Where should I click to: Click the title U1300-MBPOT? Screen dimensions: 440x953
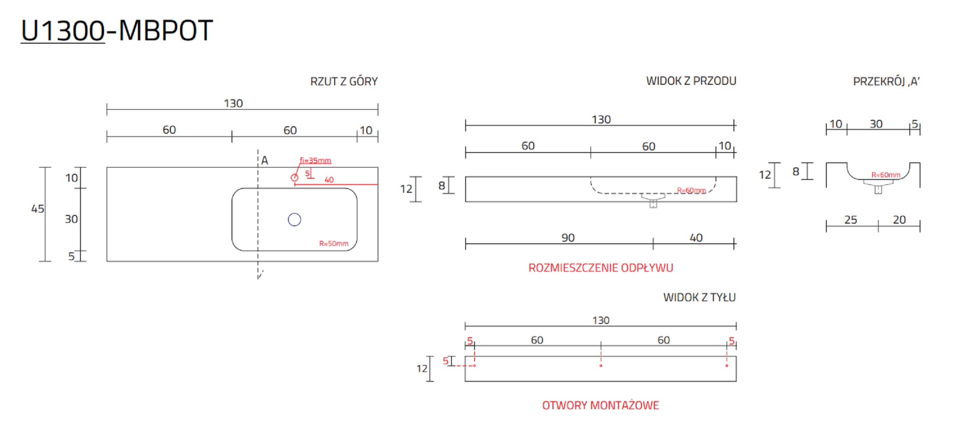point(116,31)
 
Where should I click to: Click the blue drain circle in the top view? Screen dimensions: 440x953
point(294,219)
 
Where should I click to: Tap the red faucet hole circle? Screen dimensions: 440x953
point(294,177)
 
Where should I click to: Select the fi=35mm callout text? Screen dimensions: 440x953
point(315,161)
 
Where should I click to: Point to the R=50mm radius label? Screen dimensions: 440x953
point(334,243)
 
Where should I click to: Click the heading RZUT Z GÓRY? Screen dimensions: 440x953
point(344,81)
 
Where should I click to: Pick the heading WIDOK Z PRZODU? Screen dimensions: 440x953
point(691,81)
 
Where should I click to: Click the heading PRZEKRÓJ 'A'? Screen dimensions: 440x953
point(886,81)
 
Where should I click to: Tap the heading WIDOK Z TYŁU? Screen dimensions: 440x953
point(699,297)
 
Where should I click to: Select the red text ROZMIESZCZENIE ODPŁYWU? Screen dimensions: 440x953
point(600,268)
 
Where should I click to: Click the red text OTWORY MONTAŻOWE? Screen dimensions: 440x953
point(600,405)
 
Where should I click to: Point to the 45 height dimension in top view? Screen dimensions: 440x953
point(38,209)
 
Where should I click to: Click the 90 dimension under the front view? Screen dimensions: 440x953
point(568,238)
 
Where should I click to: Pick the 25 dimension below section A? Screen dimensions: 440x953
point(850,220)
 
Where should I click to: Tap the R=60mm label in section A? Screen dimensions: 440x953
point(886,175)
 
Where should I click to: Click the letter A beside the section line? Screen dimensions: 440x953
point(264,161)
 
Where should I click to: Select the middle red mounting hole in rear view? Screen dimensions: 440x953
point(601,365)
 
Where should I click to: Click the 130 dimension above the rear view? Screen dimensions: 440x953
point(601,320)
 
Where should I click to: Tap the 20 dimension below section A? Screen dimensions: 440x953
point(899,220)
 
